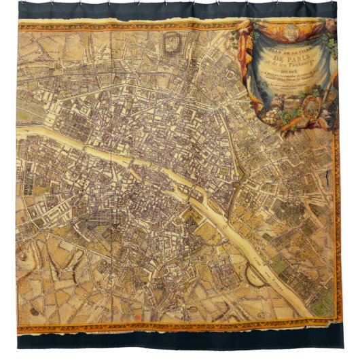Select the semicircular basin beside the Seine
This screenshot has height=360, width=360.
pos(255,272)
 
